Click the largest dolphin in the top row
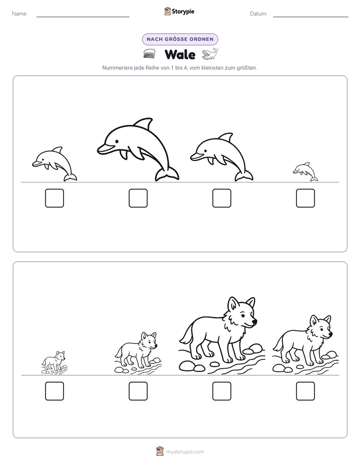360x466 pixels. pyautogui.click(x=138, y=149)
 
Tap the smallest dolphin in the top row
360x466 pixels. pyautogui.click(x=306, y=172)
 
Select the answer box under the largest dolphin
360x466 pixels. pyautogui.click(x=138, y=198)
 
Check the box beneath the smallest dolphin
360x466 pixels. pyautogui.click(x=306, y=198)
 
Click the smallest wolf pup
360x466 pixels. pyautogui.click(x=54, y=363)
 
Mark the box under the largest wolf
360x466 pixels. pyautogui.click(x=222, y=391)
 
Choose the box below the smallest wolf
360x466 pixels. pyautogui.click(x=54, y=391)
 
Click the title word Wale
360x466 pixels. pyautogui.click(x=180, y=54)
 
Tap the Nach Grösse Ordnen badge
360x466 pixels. pyautogui.click(x=180, y=39)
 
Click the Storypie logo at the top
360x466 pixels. pyautogui.click(x=179, y=12)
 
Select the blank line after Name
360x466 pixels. pyautogui.click(x=83, y=17)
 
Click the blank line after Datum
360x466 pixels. pyautogui.click(x=311, y=17)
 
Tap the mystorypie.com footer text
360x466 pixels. pyautogui.click(x=185, y=452)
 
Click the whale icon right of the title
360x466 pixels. pyautogui.click(x=210, y=54)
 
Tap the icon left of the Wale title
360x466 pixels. pyautogui.click(x=149, y=54)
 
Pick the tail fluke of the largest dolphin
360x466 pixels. pyautogui.click(x=167, y=174)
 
